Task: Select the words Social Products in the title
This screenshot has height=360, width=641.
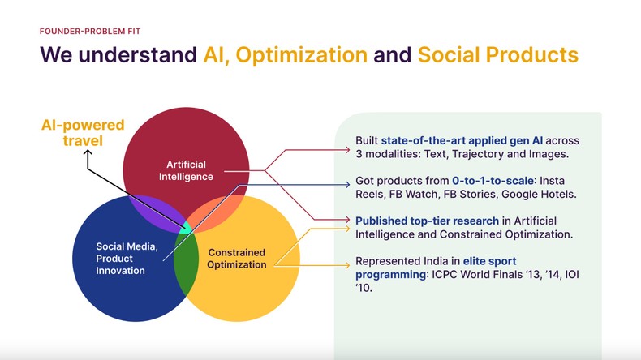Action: [497, 55]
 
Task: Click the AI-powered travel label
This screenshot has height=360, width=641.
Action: [83, 133]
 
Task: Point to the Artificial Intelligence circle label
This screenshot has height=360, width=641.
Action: [184, 170]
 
